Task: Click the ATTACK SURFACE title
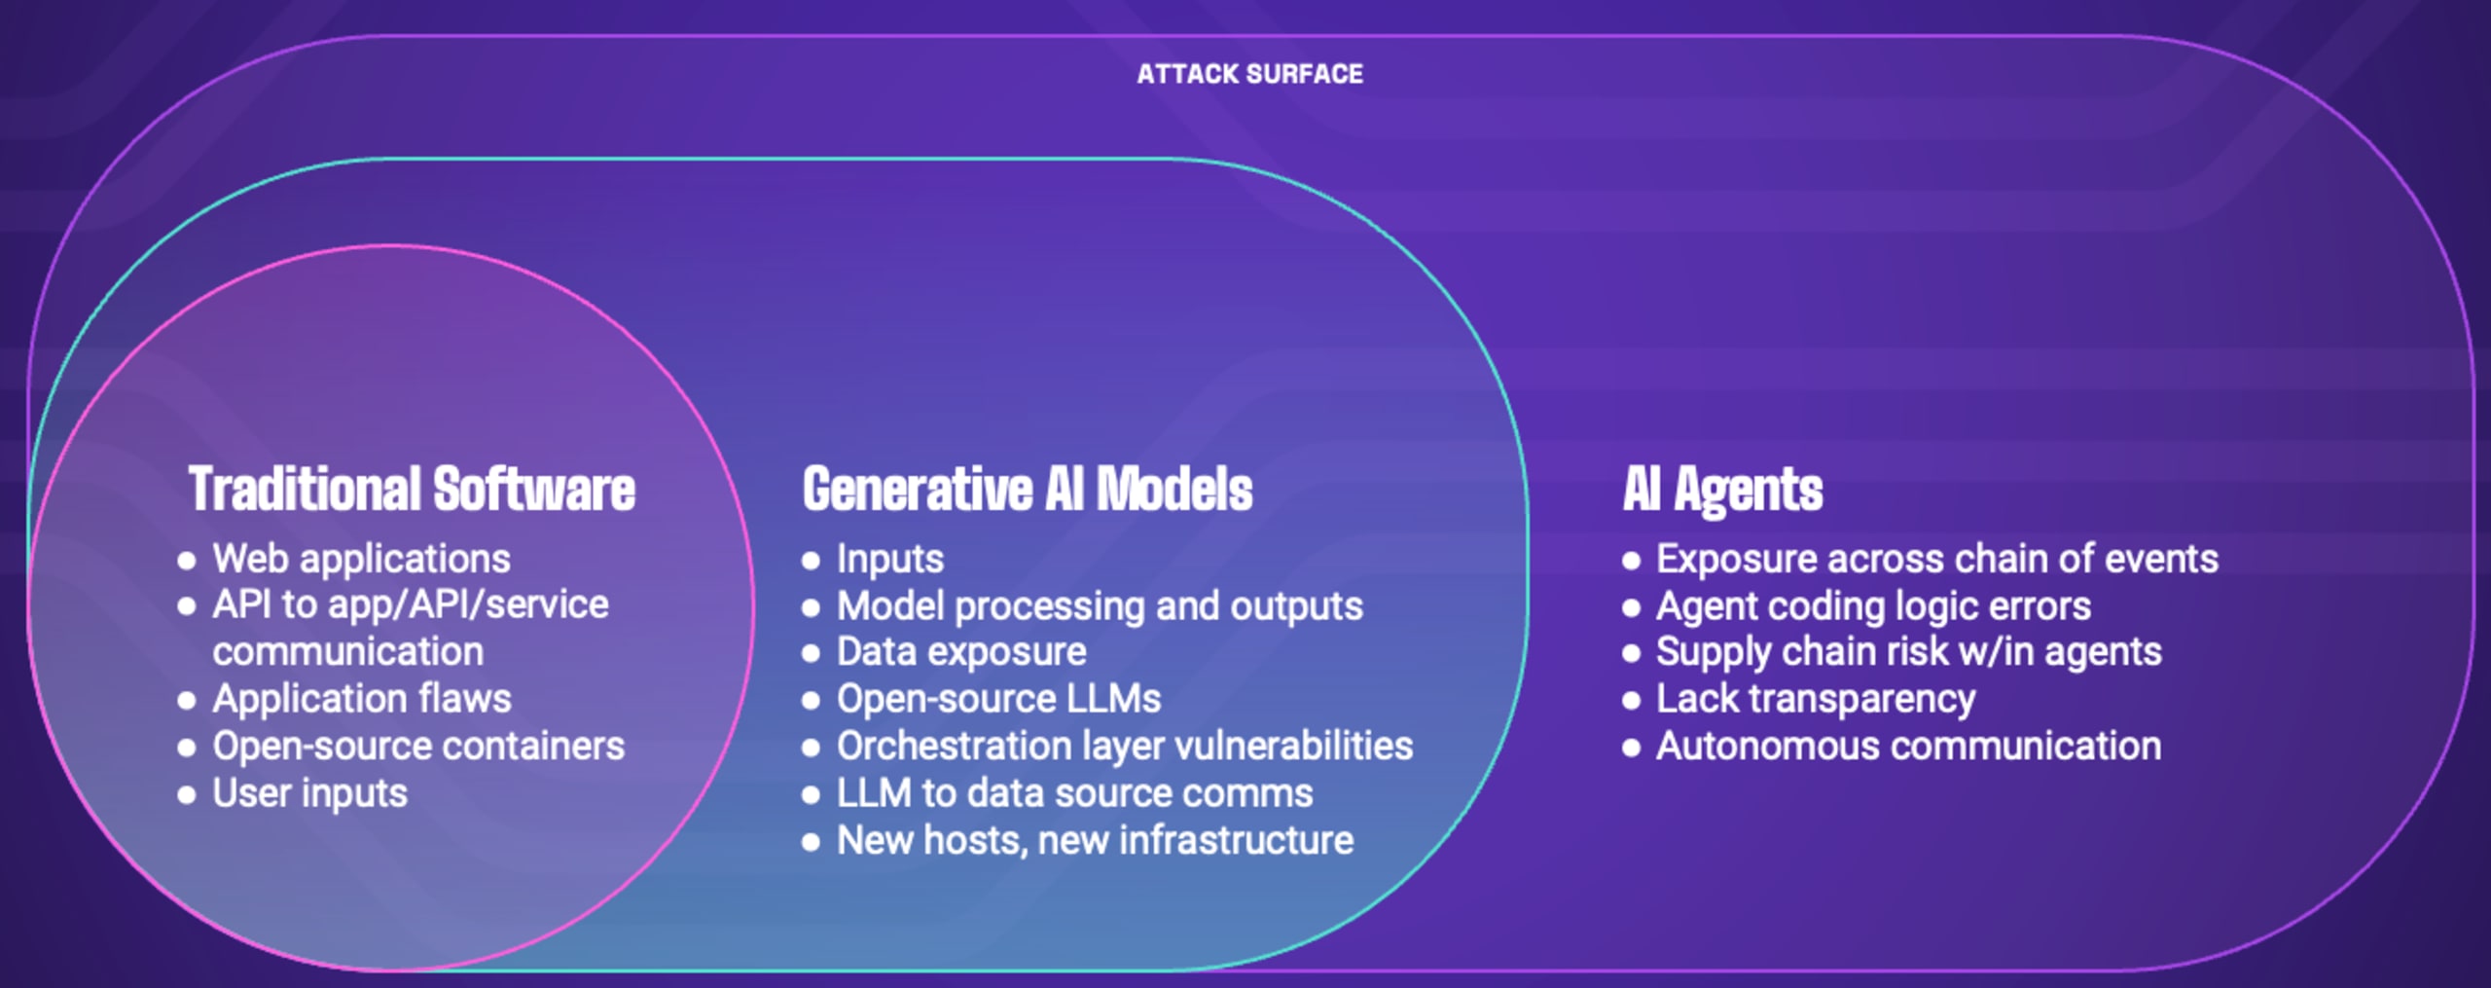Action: tap(1250, 74)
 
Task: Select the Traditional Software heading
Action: tap(412, 489)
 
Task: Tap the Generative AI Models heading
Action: tap(1028, 489)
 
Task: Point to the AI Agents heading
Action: tap(1722, 491)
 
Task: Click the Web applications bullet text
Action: tap(362, 560)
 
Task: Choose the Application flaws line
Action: tap(362, 699)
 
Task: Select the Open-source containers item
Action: tap(418, 747)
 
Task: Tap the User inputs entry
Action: tap(309, 793)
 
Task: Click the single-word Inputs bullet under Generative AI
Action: tap(890, 560)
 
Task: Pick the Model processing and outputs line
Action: tap(1100, 606)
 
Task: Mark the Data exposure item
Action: tap(961, 652)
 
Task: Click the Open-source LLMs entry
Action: tap(999, 699)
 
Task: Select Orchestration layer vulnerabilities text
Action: tap(1125, 746)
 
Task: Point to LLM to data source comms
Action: tap(1075, 793)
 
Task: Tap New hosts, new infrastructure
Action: tap(1096, 840)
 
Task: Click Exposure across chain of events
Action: tap(1937, 560)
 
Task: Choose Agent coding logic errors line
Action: tap(1873, 606)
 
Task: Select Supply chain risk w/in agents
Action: tap(1909, 652)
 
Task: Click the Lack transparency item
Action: tap(1816, 699)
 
